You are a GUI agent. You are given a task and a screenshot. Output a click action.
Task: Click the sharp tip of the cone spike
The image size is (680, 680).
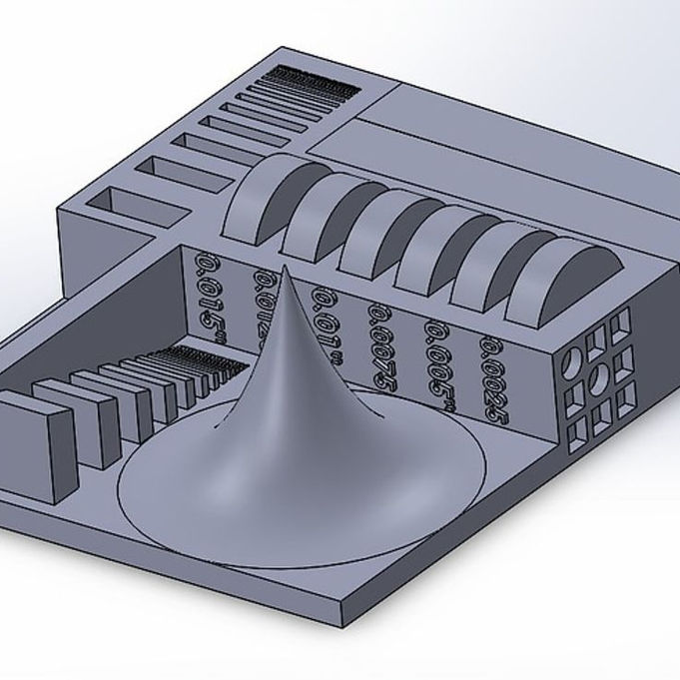(286, 268)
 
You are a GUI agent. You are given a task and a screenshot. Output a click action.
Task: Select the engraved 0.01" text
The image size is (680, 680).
(325, 313)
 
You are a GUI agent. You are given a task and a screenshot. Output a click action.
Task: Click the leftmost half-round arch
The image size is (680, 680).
(262, 205)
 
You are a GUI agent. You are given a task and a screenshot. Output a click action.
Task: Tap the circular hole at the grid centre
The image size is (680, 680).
(598, 378)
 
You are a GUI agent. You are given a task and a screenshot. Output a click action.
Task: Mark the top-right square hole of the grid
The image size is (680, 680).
(621, 323)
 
